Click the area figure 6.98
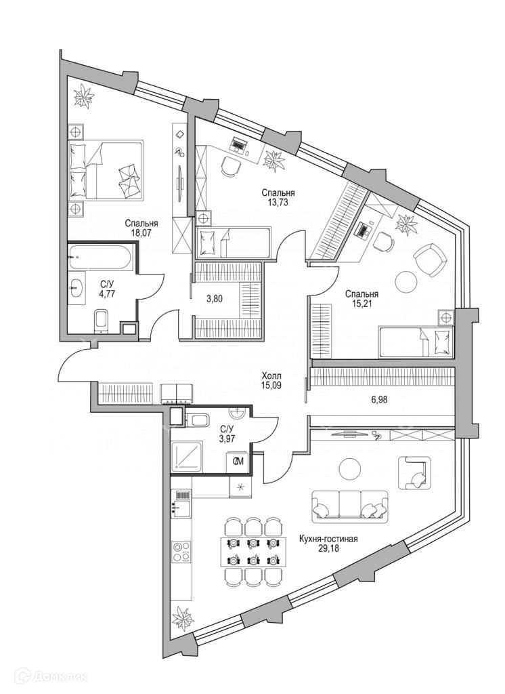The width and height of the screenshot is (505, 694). coord(380,401)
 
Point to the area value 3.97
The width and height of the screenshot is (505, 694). coord(227,439)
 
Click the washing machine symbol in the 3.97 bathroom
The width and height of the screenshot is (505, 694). coord(238,462)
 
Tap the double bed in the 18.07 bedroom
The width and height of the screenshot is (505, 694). coord(107,170)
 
